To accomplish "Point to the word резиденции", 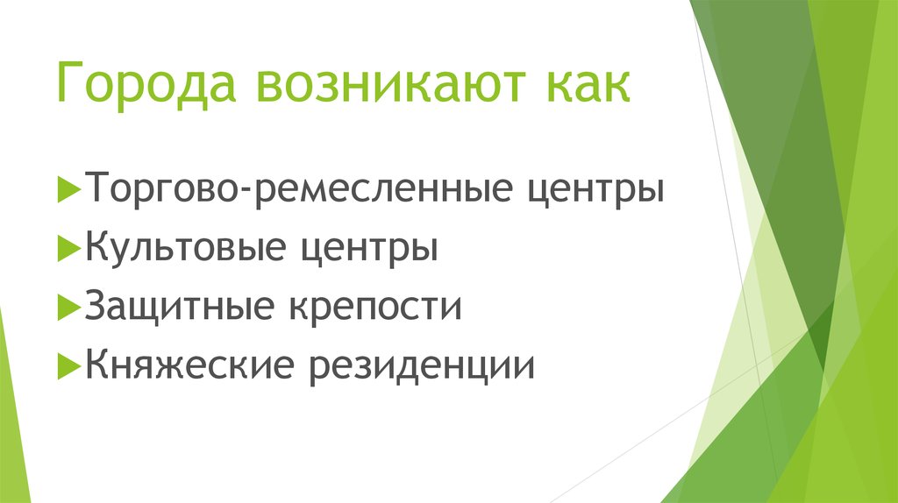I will click(x=420, y=363).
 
